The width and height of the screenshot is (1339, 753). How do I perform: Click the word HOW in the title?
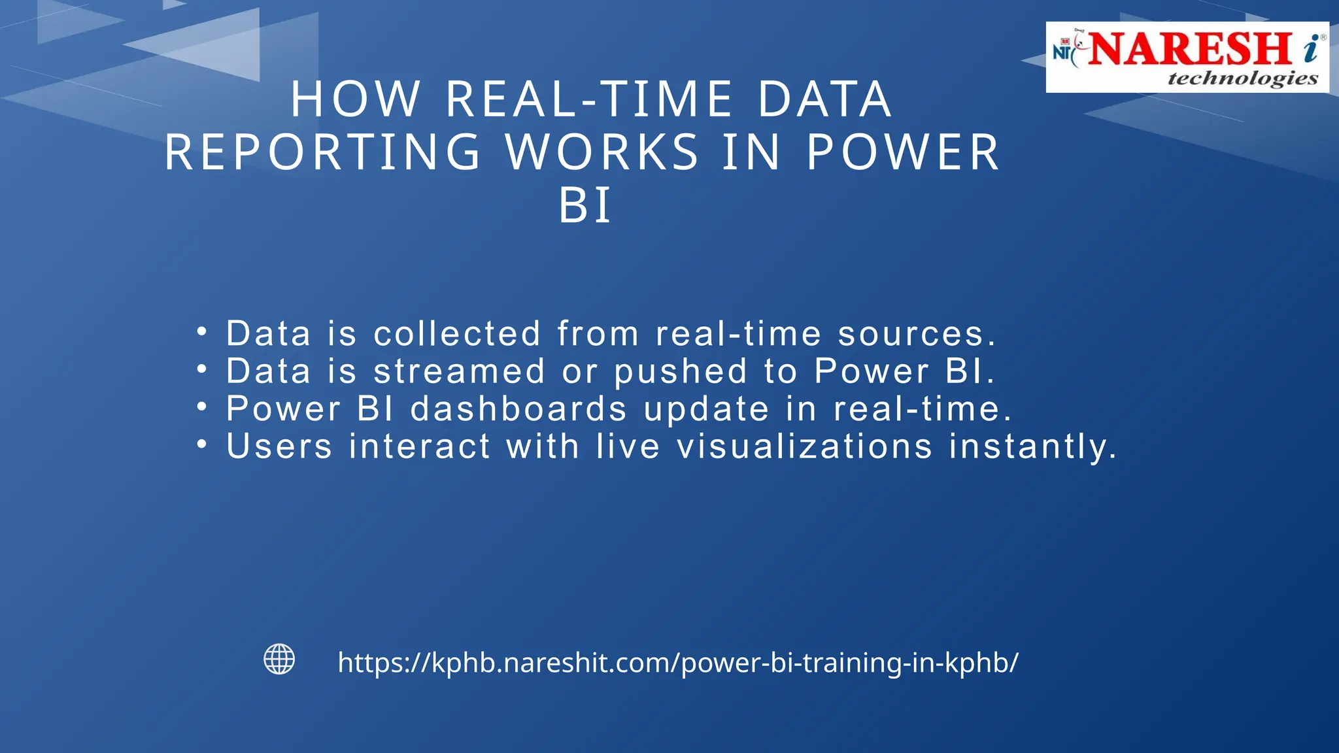click(356, 99)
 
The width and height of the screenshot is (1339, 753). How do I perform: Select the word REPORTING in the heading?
click(323, 152)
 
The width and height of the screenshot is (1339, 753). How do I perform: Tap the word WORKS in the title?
click(602, 152)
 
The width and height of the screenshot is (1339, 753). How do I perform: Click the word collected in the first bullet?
click(457, 333)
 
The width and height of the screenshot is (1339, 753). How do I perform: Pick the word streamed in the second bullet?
click(459, 371)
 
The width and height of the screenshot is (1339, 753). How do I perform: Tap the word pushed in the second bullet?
click(681, 371)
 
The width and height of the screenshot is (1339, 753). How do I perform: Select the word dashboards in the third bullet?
click(519, 409)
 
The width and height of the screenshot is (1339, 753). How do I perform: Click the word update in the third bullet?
click(707, 409)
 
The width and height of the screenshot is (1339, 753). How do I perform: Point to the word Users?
click(279, 446)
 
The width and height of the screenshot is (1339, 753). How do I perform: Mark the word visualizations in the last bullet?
click(805, 446)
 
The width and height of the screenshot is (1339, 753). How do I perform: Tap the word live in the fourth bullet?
click(628, 446)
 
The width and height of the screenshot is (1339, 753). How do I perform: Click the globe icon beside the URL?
click(279, 659)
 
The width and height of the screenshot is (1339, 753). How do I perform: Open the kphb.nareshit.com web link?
click(678, 663)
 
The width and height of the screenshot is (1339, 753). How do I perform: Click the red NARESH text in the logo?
click(1190, 49)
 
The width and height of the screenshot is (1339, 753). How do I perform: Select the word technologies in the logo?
click(1242, 79)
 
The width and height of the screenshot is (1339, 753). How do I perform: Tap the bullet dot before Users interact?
click(202, 444)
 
